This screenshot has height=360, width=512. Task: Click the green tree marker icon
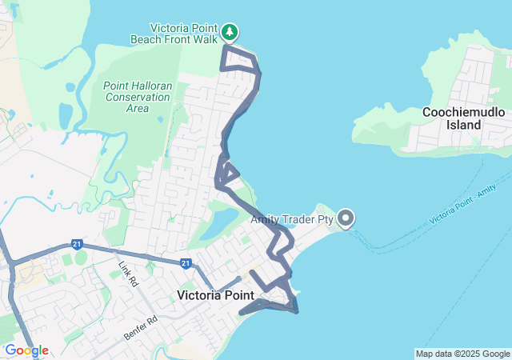pos(230,32)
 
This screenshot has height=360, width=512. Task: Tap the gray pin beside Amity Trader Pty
pos(346,218)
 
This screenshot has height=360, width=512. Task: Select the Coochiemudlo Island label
pos(464,118)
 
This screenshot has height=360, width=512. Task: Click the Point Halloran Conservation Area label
pos(137,97)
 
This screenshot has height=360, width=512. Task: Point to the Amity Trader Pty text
pos(292,218)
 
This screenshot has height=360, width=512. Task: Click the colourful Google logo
pos(26,350)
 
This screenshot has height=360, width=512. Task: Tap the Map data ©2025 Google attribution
pos(462,354)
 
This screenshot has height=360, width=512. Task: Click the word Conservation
pos(137,97)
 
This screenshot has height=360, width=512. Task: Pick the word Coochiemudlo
pos(464,112)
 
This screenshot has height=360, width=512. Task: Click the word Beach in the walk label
pos(148,38)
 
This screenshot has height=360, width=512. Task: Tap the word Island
pos(464,125)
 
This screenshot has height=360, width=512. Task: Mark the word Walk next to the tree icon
pos(203,38)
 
